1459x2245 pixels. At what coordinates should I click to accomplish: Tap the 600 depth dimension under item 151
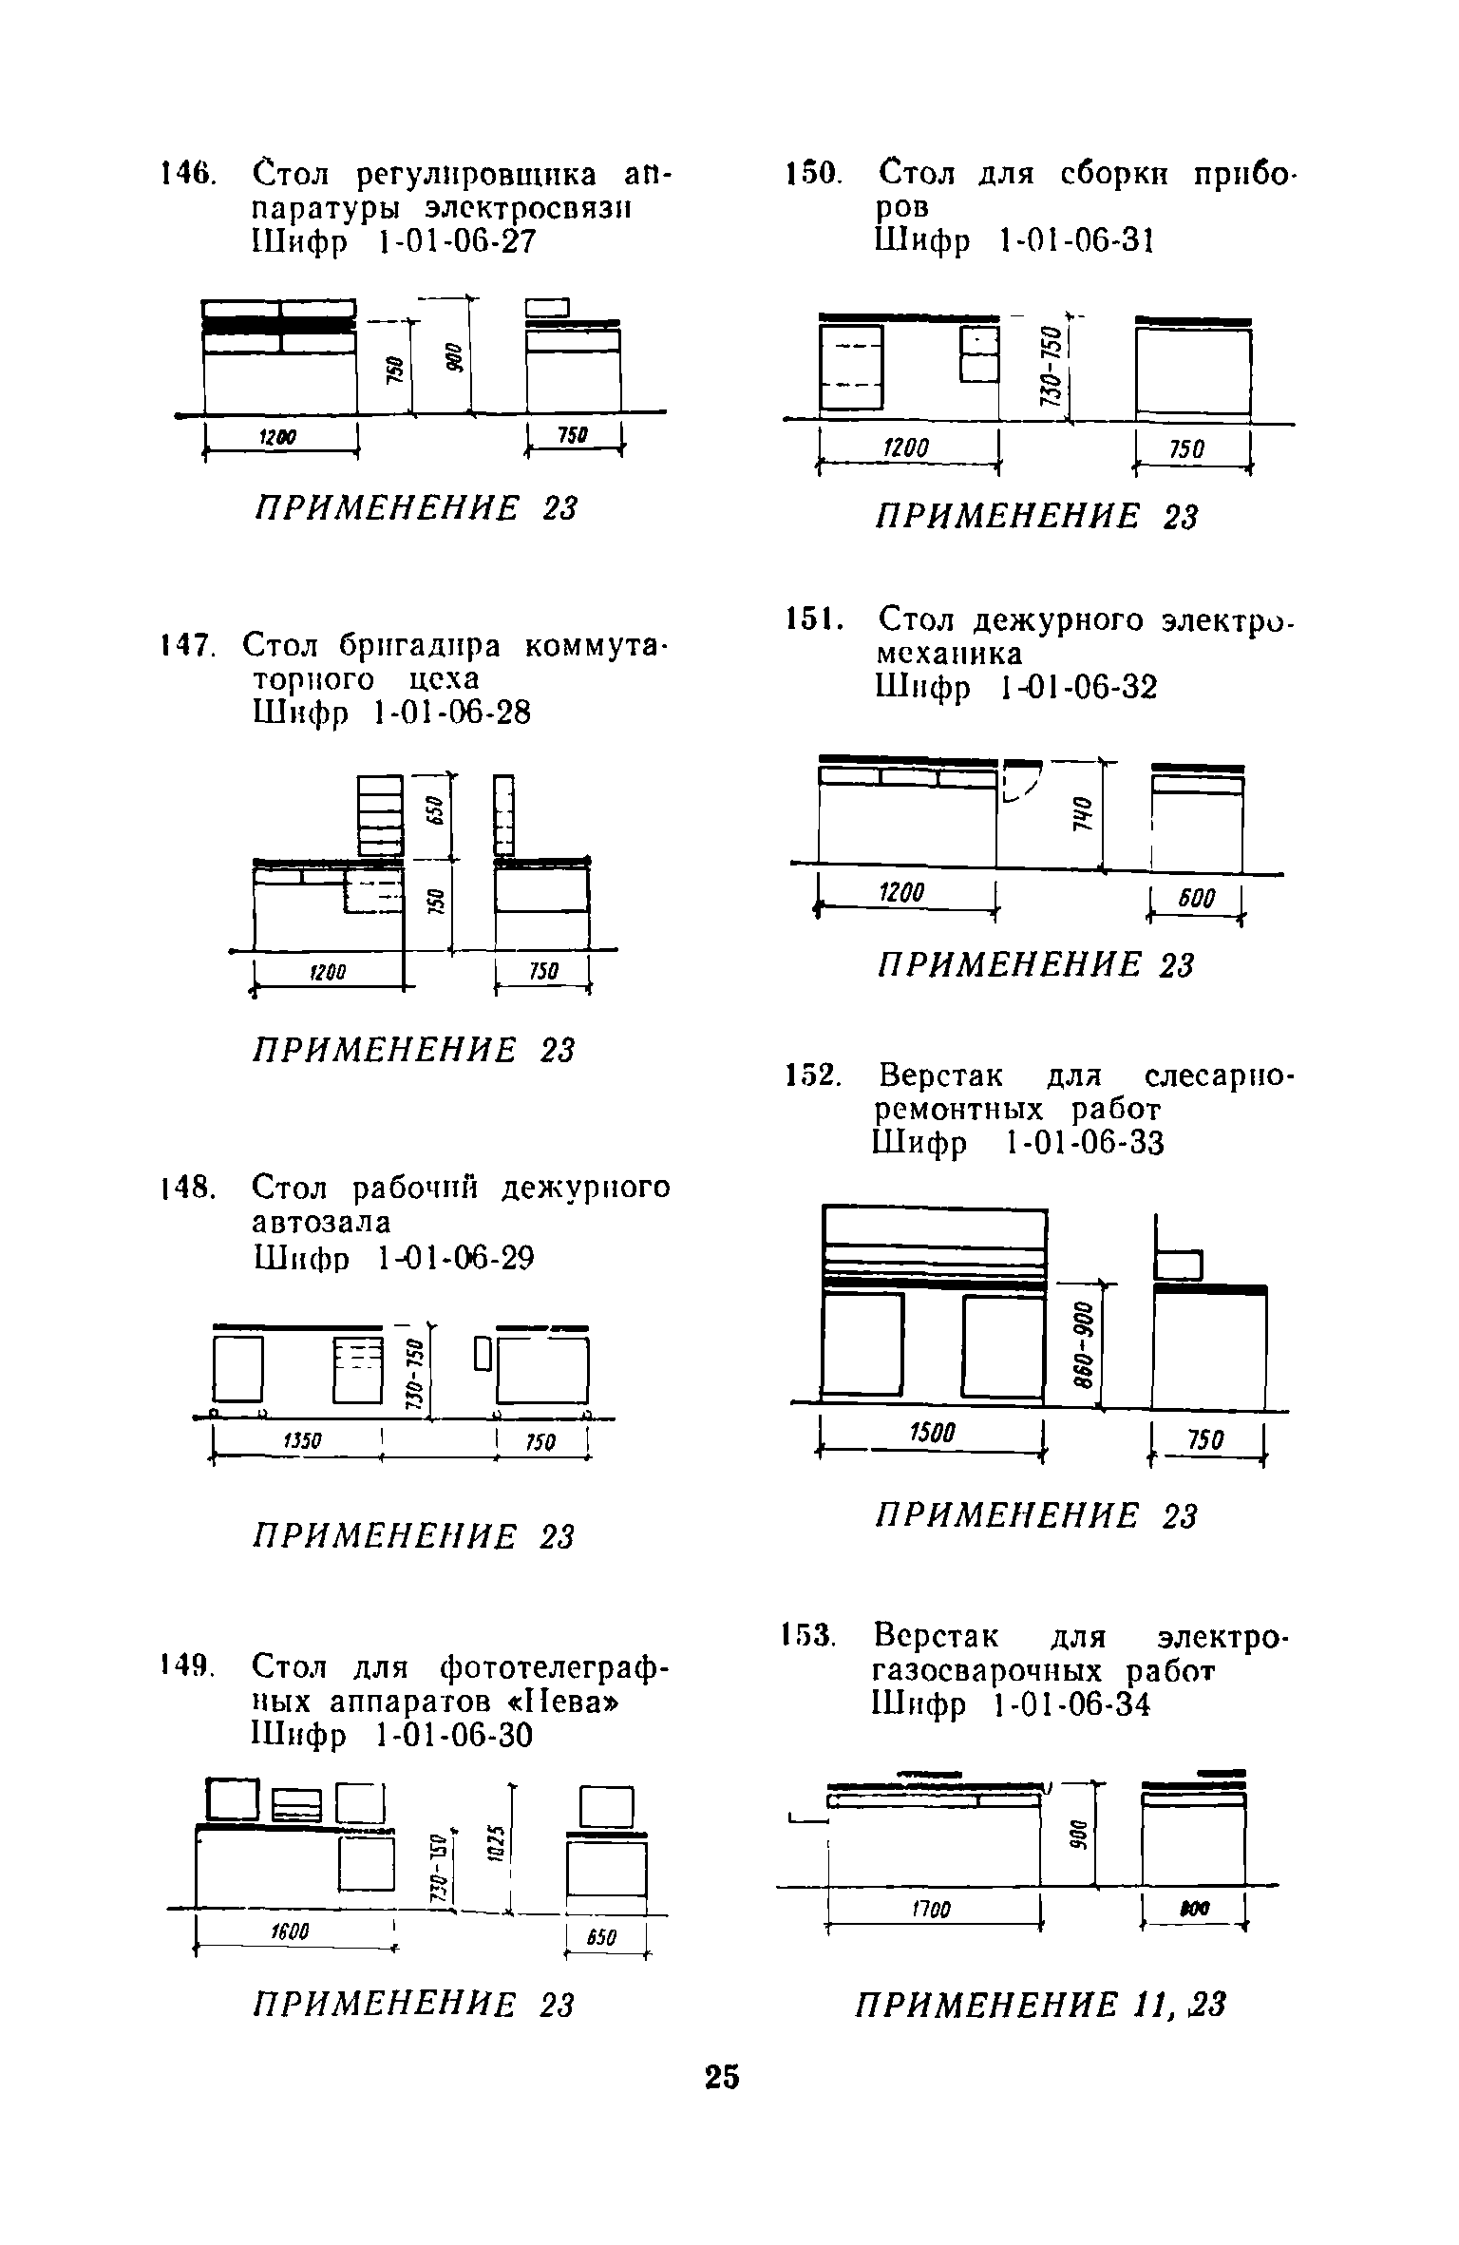(x=1197, y=898)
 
